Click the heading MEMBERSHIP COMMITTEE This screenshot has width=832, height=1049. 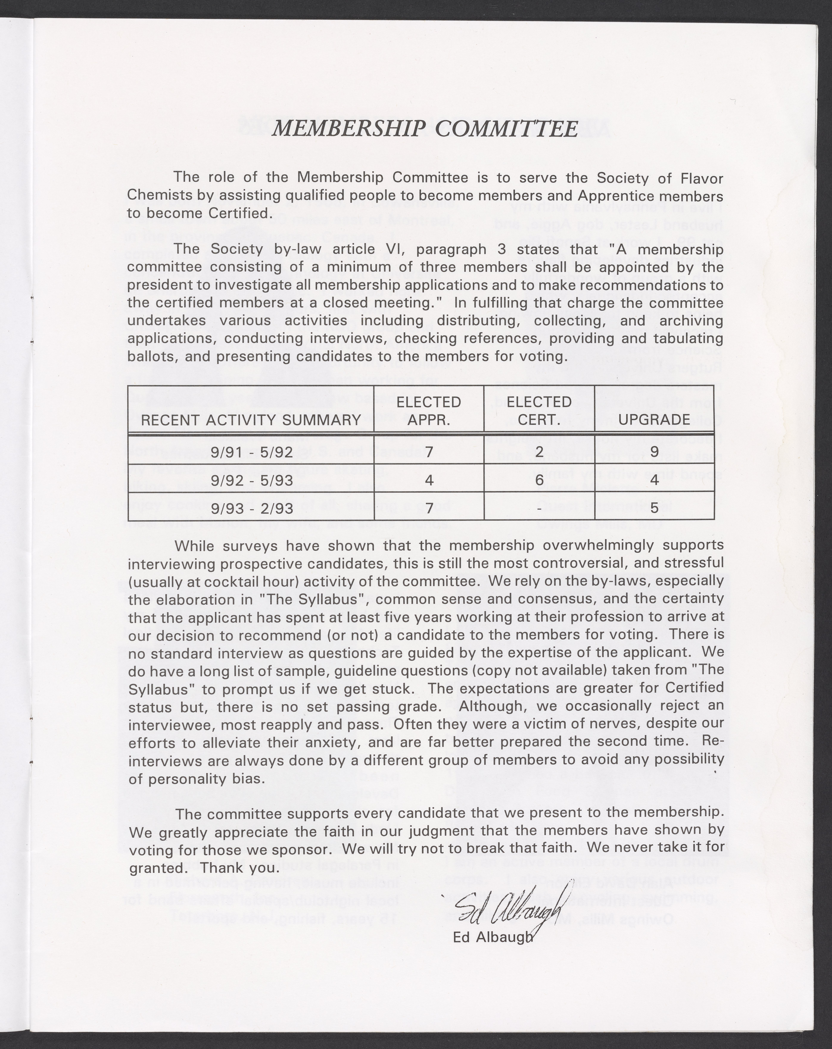coord(425,128)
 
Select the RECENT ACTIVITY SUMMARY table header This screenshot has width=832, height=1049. coord(251,419)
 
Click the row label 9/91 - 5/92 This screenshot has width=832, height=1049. coord(252,452)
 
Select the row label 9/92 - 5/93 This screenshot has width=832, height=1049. coord(252,480)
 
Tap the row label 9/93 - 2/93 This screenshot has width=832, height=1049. coord(252,508)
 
